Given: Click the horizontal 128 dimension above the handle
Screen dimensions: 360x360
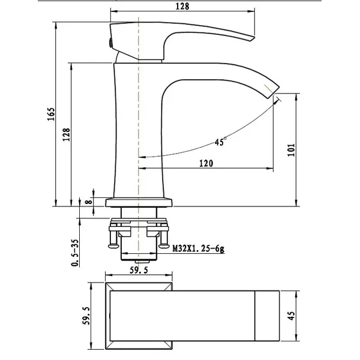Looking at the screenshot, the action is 182,6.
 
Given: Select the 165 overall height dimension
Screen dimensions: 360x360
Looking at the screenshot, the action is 51,114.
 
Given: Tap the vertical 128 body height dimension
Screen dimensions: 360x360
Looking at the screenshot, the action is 67,134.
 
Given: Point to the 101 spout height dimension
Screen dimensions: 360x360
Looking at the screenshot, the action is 291,149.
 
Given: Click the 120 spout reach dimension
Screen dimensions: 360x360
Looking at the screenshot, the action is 206,163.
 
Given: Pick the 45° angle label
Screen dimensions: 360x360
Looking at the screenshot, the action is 220,141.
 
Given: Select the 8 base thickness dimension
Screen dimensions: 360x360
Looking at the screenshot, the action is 89,202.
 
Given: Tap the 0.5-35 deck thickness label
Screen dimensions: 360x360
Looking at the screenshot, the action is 75,253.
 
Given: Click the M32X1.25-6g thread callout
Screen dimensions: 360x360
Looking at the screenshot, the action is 198,248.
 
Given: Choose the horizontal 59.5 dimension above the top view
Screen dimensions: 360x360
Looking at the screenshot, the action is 139,270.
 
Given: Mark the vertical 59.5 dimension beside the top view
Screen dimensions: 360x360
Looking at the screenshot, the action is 86,316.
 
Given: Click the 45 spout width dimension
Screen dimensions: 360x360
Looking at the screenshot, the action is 291,316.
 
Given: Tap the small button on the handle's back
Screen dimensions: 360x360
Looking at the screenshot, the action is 110,43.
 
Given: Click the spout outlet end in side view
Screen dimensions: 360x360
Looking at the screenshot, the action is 274,93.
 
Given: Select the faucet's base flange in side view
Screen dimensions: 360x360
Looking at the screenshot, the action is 139,203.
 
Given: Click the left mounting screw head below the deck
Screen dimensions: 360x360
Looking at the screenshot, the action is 113,246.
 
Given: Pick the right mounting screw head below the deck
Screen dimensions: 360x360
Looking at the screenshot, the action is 164,246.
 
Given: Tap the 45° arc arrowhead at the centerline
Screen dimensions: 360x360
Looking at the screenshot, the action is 142,157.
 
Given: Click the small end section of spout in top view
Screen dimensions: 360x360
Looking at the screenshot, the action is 267,316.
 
